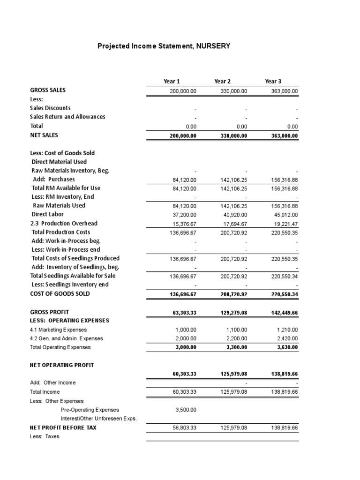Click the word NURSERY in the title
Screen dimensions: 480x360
click(213, 46)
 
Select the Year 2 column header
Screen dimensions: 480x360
click(222, 81)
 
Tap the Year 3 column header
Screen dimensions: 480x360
click(273, 81)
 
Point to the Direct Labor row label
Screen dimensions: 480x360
click(45, 214)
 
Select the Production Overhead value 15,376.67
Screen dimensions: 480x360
click(184, 224)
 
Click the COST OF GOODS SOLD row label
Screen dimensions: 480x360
click(60, 294)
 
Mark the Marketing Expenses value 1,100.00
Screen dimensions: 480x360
click(236, 330)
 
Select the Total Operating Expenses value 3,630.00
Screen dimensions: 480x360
click(286, 348)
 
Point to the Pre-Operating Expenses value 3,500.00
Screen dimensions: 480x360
click(186, 410)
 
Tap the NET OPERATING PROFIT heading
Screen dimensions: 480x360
click(62, 365)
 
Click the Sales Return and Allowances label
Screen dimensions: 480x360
click(67, 117)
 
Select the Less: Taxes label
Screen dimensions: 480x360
click(45, 436)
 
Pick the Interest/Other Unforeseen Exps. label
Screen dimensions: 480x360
click(98, 419)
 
